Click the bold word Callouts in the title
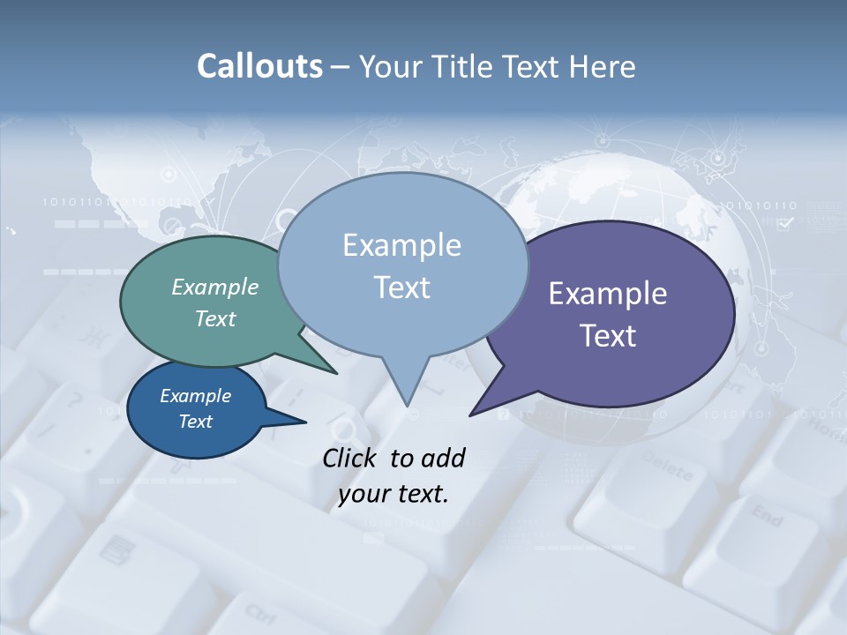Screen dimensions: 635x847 coord(259,66)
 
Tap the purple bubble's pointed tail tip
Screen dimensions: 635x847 coord(471,414)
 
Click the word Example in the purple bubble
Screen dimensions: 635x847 coord(608,294)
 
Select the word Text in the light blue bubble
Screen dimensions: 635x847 coord(402,288)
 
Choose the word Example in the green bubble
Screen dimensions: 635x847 coord(215,287)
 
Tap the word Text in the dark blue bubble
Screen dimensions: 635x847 coord(196,422)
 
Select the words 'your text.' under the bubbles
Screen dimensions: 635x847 coord(394,494)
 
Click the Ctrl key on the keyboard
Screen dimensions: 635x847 coord(260,612)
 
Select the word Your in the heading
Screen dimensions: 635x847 coord(394,66)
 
